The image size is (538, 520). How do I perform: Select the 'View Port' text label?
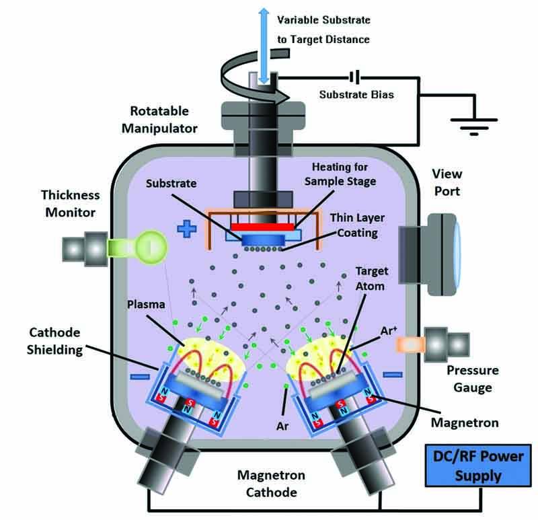[447, 182]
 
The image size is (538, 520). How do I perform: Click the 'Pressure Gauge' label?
[471, 379]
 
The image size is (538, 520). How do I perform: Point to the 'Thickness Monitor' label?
[69, 202]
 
